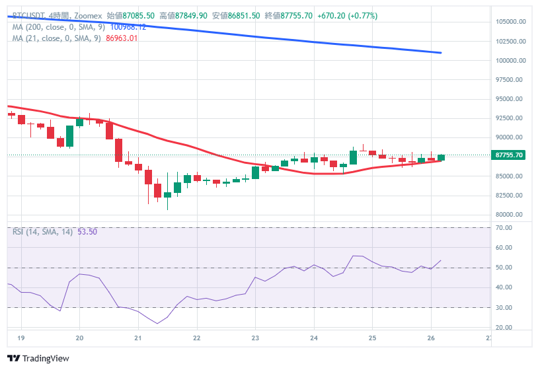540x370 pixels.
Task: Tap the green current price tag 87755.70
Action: tap(509, 155)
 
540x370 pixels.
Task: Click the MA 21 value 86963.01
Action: tap(122, 38)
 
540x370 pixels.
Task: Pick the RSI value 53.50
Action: tap(87, 231)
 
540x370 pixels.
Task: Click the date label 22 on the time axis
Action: tap(196, 337)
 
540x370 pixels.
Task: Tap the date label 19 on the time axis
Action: tap(21, 337)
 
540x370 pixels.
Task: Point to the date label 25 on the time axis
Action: tap(372, 337)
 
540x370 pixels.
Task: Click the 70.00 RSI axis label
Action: tap(504, 228)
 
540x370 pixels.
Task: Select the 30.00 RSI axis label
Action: tap(504, 308)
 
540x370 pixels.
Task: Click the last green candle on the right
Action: tap(441, 157)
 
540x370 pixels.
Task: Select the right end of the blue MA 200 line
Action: tap(441, 53)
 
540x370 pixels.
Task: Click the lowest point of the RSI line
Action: tap(157, 323)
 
